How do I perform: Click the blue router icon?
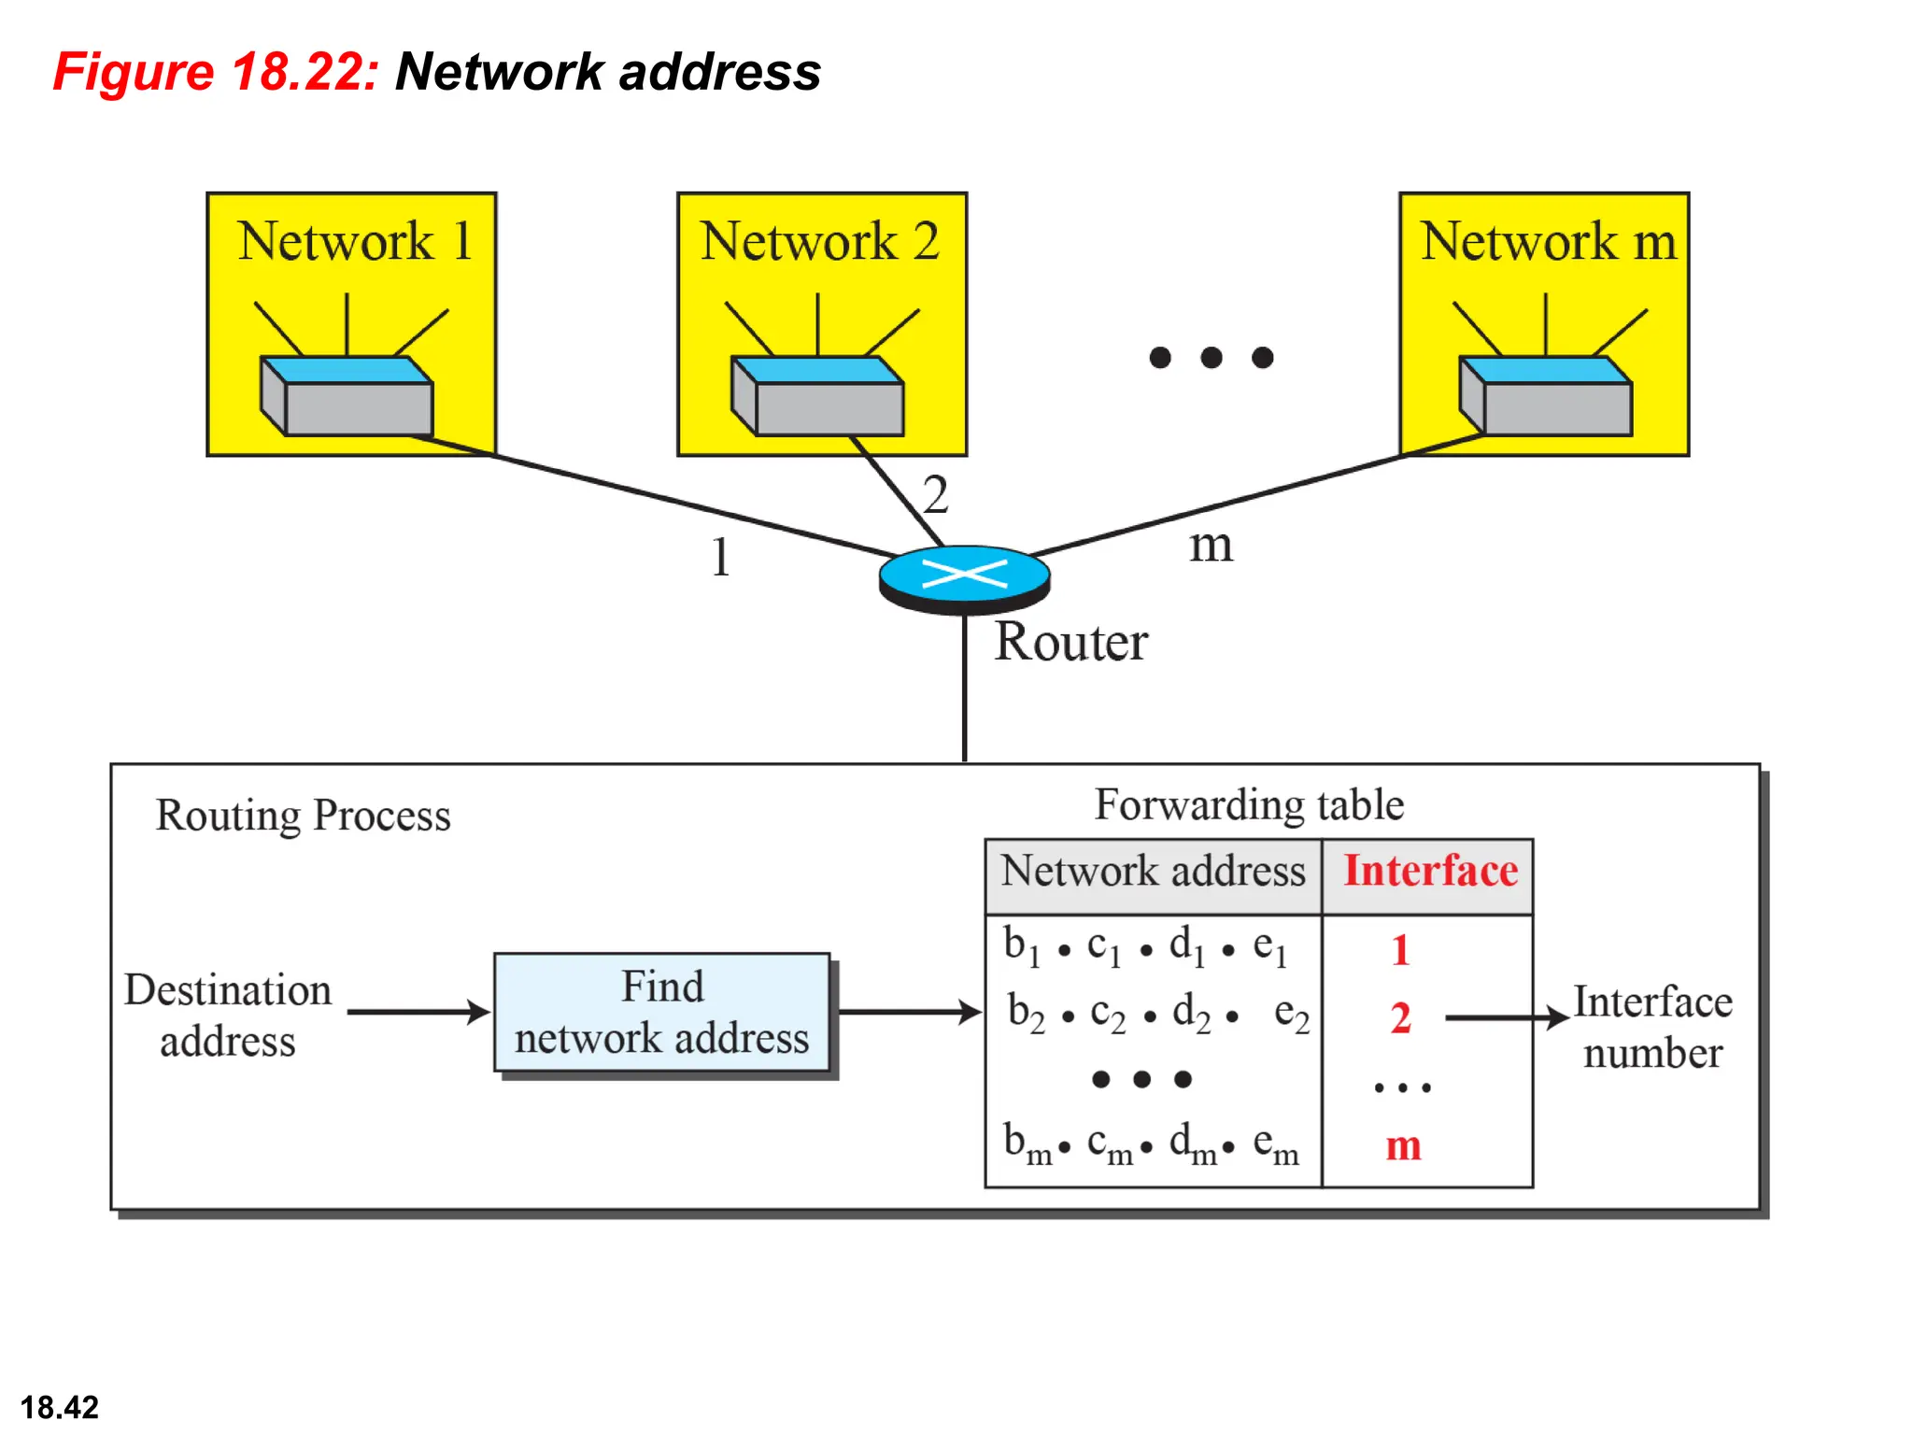tap(964, 576)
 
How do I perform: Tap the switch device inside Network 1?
tap(347, 397)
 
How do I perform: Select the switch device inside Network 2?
tap(817, 397)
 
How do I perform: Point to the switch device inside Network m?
tap(1545, 397)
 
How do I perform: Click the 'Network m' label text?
tap(1548, 241)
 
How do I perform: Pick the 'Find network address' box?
tap(661, 1013)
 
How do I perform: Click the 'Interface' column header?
tap(1429, 872)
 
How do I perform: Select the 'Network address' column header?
tap(1153, 872)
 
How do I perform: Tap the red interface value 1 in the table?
tap(1400, 951)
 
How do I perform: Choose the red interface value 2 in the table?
tap(1400, 1017)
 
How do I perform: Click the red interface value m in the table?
tap(1403, 1145)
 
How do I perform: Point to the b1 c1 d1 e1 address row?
tap(1145, 947)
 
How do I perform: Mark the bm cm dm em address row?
tap(1151, 1144)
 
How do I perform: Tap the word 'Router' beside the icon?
tap(1070, 643)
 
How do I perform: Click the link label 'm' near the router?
tap(1211, 545)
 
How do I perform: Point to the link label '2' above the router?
tap(935, 494)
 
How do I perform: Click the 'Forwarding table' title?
tap(1248, 805)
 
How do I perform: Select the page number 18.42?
tap(60, 1407)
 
